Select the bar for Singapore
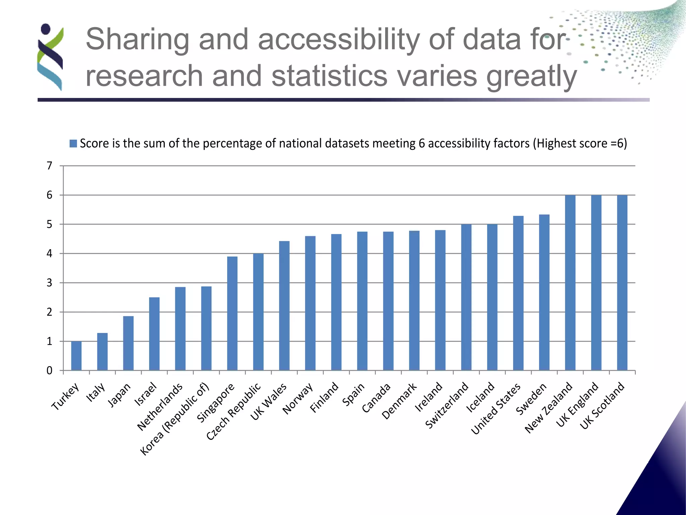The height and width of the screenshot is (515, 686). click(232, 313)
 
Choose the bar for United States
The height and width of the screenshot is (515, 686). click(518, 293)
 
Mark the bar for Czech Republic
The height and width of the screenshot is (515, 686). click(258, 312)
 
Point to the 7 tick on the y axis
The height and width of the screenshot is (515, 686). click(50, 166)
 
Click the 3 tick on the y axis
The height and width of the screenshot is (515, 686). click(50, 283)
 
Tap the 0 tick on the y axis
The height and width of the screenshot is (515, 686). click(50, 370)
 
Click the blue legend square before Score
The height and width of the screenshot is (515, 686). click(73, 144)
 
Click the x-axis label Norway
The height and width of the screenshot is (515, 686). click(298, 398)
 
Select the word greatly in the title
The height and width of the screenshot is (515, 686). click(532, 76)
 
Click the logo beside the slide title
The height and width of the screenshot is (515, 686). click(50, 57)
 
